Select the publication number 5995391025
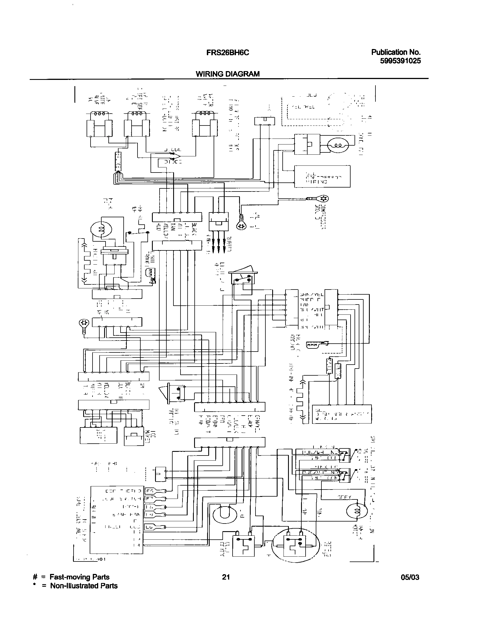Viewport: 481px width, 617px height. click(x=400, y=61)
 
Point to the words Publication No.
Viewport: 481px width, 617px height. click(x=396, y=52)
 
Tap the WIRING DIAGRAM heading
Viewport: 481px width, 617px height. click(x=227, y=74)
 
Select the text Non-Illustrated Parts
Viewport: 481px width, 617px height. click(x=84, y=586)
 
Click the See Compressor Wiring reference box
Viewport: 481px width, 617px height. click(x=322, y=176)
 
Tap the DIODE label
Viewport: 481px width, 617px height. click(x=173, y=162)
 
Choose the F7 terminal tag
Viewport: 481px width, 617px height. click(x=149, y=498)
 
